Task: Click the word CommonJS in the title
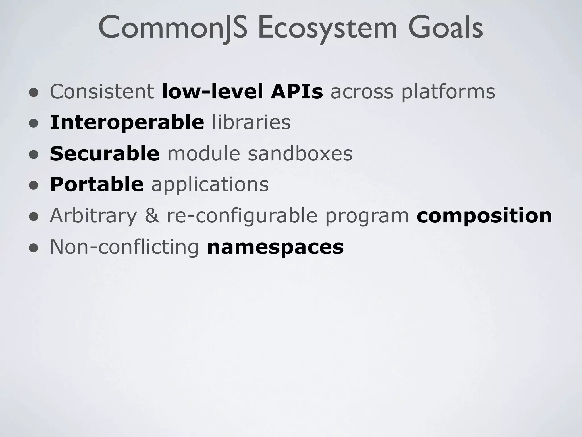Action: (172, 28)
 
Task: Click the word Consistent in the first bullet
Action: (102, 92)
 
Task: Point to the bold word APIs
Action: (297, 92)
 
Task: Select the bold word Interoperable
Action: (127, 123)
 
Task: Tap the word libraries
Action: (251, 123)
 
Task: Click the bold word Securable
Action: (105, 154)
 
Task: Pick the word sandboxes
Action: (300, 154)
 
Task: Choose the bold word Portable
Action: (97, 184)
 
